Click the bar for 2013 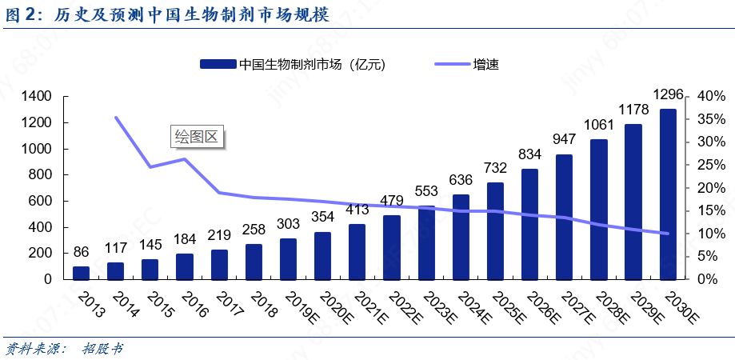(x=81, y=273)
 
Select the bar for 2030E (x=668, y=194)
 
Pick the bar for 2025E (x=495, y=231)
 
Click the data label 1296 (x=669, y=95)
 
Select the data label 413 (x=357, y=210)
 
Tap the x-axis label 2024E (x=473, y=309)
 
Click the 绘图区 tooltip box (x=196, y=137)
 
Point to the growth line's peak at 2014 (x=116, y=118)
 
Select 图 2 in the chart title (x=24, y=14)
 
